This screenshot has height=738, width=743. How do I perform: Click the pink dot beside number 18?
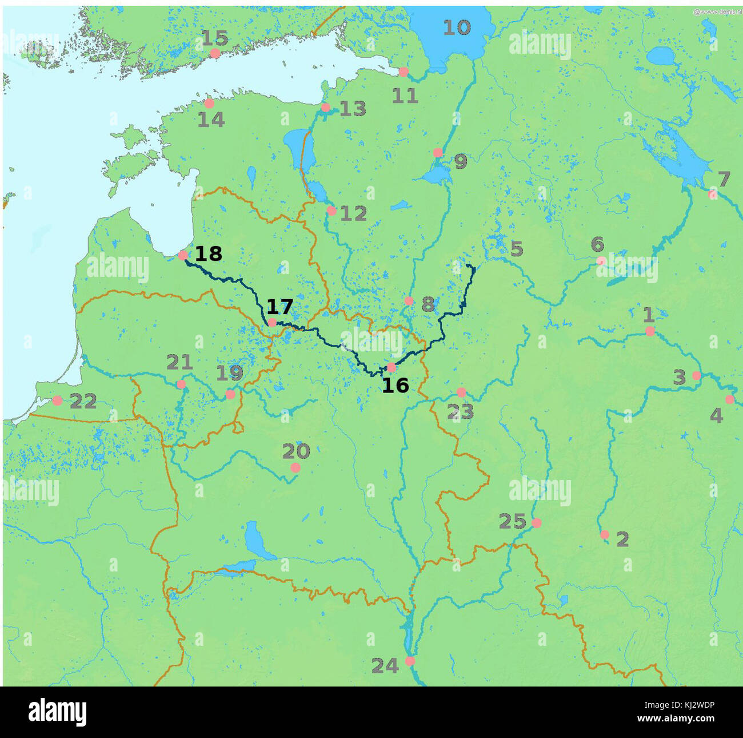pyautogui.click(x=183, y=255)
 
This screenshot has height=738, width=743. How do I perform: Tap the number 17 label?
pyautogui.click(x=279, y=307)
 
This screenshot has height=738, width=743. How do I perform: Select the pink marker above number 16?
pyautogui.click(x=392, y=367)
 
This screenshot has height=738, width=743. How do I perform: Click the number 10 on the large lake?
pyautogui.click(x=457, y=27)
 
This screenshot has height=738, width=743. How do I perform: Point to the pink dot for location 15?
pyautogui.click(x=215, y=53)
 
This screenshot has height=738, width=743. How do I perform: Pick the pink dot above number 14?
pyautogui.click(x=209, y=104)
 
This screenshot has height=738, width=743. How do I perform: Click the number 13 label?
pyautogui.click(x=353, y=109)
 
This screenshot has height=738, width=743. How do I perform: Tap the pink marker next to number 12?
pyautogui.click(x=331, y=211)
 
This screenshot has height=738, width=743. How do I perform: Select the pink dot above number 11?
pyautogui.click(x=404, y=72)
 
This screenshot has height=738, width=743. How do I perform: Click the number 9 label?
pyautogui.click(x=461, y=162)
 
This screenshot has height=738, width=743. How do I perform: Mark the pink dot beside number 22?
pyautogui.click(x=57, y=400)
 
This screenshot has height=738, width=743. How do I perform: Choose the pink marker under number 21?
pyautogui.click(x=181, y=384)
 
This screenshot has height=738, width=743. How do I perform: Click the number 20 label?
pyautogui.click(x=296, y=451)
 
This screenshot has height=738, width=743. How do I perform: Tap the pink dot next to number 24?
pyautogui.click(x=410, y=661)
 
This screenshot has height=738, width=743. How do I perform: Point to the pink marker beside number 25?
pyautogui.click(x=536, y=523)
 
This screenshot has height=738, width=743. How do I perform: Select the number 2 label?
pyautogui.click(x=622, y=539)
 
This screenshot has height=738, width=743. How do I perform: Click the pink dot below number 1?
pyautogui.click(x=650, y=331)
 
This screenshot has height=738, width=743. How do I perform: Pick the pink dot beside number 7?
pyautogui.click(x=713, y=195)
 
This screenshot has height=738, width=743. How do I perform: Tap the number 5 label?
pyautogui.click(x=517, y=249)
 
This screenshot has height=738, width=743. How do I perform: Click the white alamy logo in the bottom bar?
pyautogui.click(x=58, y=713)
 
